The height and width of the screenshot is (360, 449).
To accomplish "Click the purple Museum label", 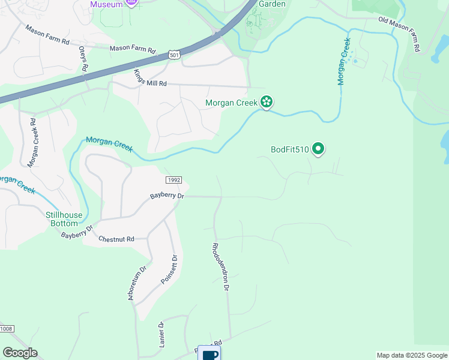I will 106,4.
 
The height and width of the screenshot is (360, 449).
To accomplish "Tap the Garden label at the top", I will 271,4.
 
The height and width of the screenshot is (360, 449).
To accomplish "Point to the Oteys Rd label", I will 83,61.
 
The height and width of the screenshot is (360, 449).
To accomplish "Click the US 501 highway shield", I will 174,54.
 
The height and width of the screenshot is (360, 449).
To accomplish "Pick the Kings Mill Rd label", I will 149,79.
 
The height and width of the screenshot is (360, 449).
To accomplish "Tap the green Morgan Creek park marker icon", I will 267,103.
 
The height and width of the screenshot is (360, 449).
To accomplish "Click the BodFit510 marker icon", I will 318,149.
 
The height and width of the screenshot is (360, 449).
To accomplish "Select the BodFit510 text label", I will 289,149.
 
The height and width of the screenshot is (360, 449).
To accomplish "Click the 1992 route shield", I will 173,179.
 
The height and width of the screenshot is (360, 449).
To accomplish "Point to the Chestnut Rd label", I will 116,239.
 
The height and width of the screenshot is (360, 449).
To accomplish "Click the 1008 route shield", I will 6,329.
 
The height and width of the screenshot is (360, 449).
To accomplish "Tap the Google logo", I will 20,353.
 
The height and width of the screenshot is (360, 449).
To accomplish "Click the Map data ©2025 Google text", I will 411,355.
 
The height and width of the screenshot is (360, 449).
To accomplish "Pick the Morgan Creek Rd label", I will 32,143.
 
